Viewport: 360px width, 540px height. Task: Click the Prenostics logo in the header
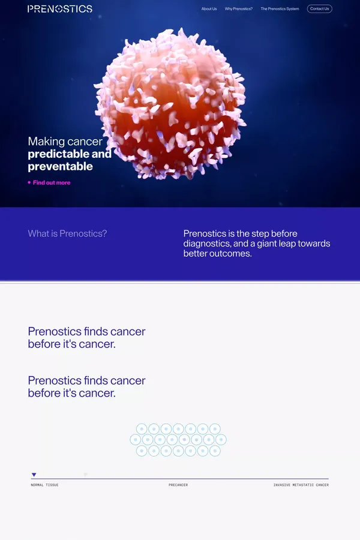pos(60,9)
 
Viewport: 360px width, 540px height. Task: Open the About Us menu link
pos(209,9)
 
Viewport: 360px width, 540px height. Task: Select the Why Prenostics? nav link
pos(239,9)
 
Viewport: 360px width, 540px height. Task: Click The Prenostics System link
pos(280,9)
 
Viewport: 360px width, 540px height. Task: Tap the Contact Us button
pos(319,9)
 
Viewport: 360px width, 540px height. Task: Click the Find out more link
pos(52,182)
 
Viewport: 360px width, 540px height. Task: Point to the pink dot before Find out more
pos(29,182)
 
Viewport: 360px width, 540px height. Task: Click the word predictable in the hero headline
pos(58,154)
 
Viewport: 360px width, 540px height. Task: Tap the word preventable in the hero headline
pos(60,166)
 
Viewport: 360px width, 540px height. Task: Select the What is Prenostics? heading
pos(67,233)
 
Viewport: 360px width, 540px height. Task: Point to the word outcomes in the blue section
pos(230,254)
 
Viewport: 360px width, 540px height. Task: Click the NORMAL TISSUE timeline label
pos(45,485)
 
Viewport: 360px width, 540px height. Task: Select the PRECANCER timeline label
pos(178,485)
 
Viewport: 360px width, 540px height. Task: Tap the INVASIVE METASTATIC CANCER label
pos(301,485)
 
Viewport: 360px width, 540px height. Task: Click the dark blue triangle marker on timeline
pos(34,475)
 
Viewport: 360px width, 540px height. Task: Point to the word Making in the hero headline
pos(46,142)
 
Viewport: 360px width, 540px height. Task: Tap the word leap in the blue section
pos(297,244)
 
